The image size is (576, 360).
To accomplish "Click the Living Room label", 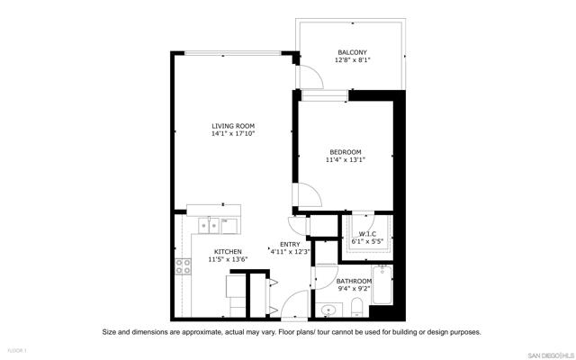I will [233, 126].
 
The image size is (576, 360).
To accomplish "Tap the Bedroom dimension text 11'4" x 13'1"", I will [345, 160].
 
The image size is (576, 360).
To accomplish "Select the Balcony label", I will [353, 52].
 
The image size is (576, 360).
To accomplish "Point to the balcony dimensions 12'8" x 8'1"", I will [353, 60].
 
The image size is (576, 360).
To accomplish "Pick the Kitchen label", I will [228, 251].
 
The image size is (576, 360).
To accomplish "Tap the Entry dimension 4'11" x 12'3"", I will [290, 252].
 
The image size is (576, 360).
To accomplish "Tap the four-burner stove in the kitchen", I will [183, 265].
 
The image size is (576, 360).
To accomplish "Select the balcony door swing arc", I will [306, 77].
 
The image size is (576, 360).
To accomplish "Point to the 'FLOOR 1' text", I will [17, 349].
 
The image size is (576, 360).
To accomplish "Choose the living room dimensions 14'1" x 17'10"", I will [233, 134].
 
